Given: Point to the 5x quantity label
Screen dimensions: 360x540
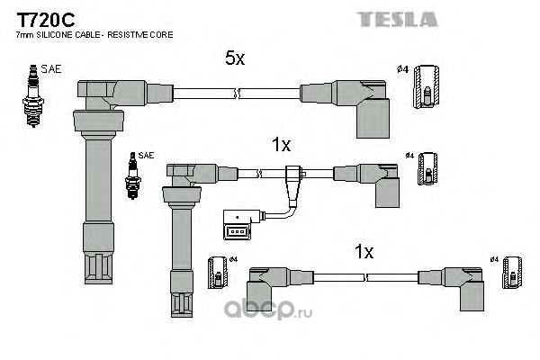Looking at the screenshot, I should pos(234,58).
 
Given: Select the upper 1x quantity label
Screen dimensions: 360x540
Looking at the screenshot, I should pos(281,144).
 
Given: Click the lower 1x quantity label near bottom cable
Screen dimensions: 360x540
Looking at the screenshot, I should pos(363,253).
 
